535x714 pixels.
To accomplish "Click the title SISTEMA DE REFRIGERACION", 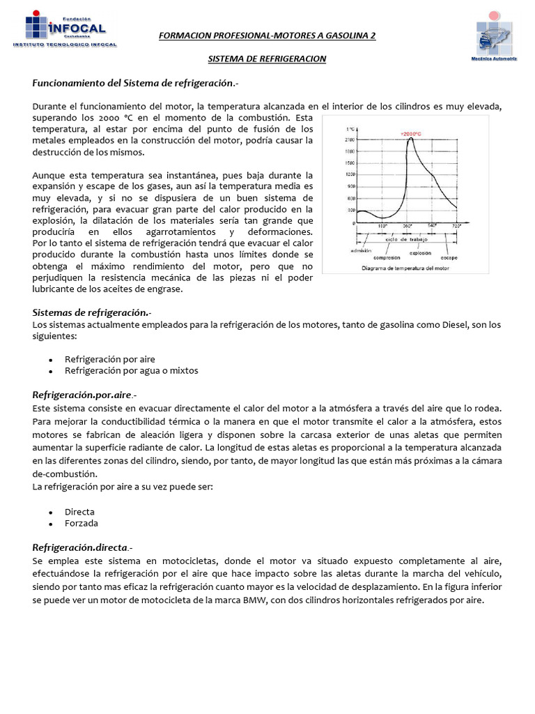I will (267, 59).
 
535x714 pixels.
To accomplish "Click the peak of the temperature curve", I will (411, 138).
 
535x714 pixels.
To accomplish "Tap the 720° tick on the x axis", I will (457, 226).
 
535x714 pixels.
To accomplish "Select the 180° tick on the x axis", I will (382, 226).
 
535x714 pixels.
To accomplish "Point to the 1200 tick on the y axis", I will (350, 174).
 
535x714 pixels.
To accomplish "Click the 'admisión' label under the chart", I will (361, 250).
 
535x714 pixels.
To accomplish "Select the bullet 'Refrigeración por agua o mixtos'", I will (131, 370).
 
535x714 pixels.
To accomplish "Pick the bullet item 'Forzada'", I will (82, 523).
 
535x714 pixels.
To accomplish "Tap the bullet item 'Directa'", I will (79, 511).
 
